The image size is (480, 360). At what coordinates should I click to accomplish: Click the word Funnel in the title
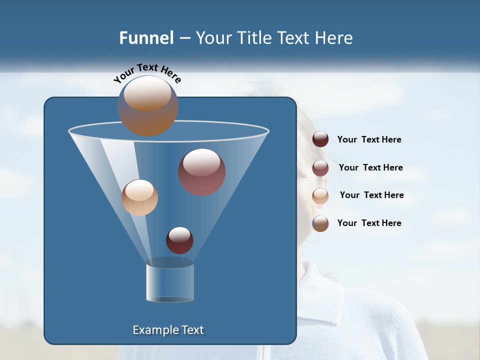coord(146,38)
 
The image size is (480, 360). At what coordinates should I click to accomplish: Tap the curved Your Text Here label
coord(147,73)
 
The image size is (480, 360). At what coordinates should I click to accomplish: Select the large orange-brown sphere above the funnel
coord(147,106)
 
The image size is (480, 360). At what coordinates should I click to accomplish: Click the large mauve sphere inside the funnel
coord(201,172)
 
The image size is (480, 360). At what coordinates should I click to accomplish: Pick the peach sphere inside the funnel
coord(139,197)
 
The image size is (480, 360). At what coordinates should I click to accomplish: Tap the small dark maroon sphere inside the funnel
coord(179,240)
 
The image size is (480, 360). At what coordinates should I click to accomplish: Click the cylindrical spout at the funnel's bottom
coord(170,282)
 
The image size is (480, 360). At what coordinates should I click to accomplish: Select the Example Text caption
coord(168,330)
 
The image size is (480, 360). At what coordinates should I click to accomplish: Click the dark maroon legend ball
coord(320,139)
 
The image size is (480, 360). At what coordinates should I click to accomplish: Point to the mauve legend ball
coord(320,167)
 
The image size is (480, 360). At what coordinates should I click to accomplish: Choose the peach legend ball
coord(320,195)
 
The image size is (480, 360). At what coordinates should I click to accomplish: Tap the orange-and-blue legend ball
coord(320,223)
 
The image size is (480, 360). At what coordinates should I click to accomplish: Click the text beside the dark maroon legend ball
coord(369,139)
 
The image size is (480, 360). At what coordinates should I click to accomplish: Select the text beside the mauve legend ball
coord(370,167)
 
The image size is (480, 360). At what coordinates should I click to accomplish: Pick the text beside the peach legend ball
coord(371,195)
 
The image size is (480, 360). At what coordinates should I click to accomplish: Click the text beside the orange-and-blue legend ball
coord(369,223)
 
